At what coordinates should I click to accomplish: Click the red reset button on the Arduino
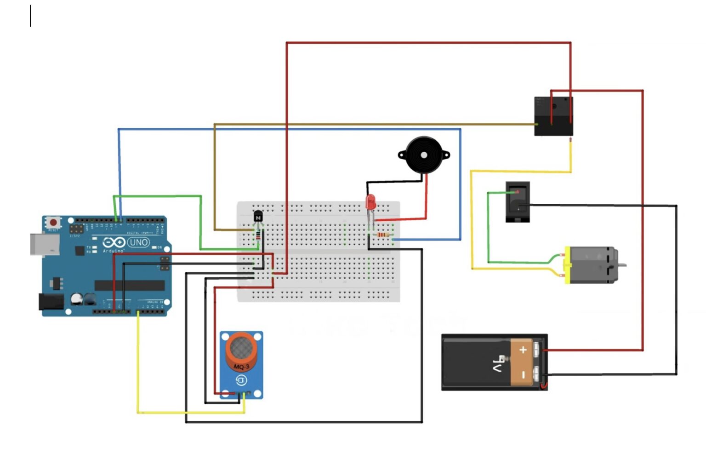[53, 223]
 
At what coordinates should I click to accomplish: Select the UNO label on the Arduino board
[138, 242]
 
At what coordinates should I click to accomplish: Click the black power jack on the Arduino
[51, 302]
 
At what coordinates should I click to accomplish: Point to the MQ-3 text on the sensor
[241, 367]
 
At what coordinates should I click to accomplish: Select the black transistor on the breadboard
[258, 216]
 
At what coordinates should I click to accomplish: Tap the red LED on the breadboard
[370, 202]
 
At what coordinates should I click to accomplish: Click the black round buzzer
[424, 155]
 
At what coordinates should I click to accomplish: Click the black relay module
[553, 116]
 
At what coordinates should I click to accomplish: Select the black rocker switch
[518, 202]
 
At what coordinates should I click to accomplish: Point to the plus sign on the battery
[523, 350]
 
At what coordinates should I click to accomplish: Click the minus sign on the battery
[523, 375]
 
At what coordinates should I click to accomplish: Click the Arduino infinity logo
[114, 242]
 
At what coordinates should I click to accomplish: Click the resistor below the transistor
[258, 235]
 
